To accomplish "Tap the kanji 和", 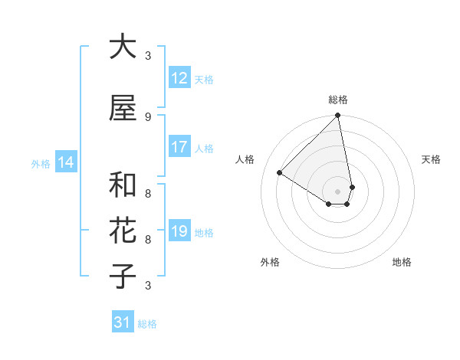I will pyautogui.click(x=122, y=185).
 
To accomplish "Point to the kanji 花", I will pyautogui.click(x=122, y=231).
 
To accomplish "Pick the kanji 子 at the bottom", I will pyautogui.click(x=122, y=277).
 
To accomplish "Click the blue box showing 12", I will pyautogui.click(x=179, y=78).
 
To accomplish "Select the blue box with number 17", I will pyautogui.click(x=179, y=147).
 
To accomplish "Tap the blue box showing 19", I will pyautogui.click(x=179, y=231).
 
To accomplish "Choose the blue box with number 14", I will pyautogui.click(x=66, y=162).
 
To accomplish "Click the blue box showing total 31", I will pyautogui.click(x=123, y=322).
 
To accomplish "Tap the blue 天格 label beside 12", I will pyautogui.click(x=204, y=79).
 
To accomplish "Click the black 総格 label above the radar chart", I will pyautogui.click(x=338, y=100).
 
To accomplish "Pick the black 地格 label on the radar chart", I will pyautogui.click(x=402, y=262).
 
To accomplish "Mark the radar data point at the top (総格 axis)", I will pyautogui.click(x=338, y=116).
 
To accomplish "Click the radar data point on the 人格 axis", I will pyautogui.click(x=280, y=173).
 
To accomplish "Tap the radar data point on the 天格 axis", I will pyautogui.click(x=352, y=187).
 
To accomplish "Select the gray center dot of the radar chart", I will pyautogui.click(x=338, y=191).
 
